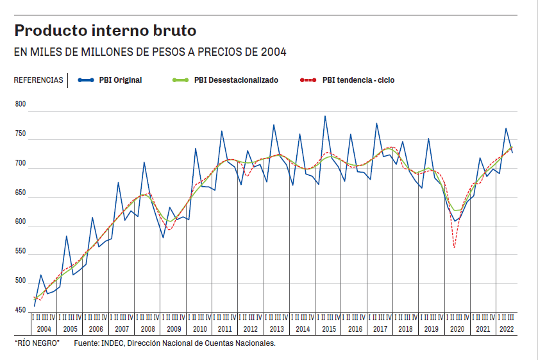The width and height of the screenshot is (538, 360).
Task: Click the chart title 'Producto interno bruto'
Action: coord(106,30)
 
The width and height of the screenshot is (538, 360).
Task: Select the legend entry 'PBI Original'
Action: coord(120,80)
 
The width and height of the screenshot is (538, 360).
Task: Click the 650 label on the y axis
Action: coord(21,193)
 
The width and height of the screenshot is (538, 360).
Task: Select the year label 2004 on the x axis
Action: coord(44,329)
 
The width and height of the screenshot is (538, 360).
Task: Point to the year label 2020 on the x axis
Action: coord(457,329)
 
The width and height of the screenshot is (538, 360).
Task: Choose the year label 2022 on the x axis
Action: coord(505,329)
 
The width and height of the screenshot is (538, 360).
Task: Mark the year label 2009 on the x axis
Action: coord(174,329)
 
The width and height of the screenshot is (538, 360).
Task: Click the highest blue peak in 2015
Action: coord(325,116)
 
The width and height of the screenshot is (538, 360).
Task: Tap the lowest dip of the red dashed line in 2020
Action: coord(454,247)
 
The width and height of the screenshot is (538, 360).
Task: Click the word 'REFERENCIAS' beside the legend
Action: coord(38,80)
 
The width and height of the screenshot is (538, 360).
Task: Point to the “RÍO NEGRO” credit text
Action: coord(37,344)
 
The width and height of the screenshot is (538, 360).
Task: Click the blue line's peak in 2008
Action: coord(144,162)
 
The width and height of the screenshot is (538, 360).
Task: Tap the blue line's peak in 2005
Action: coord(67,236)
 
